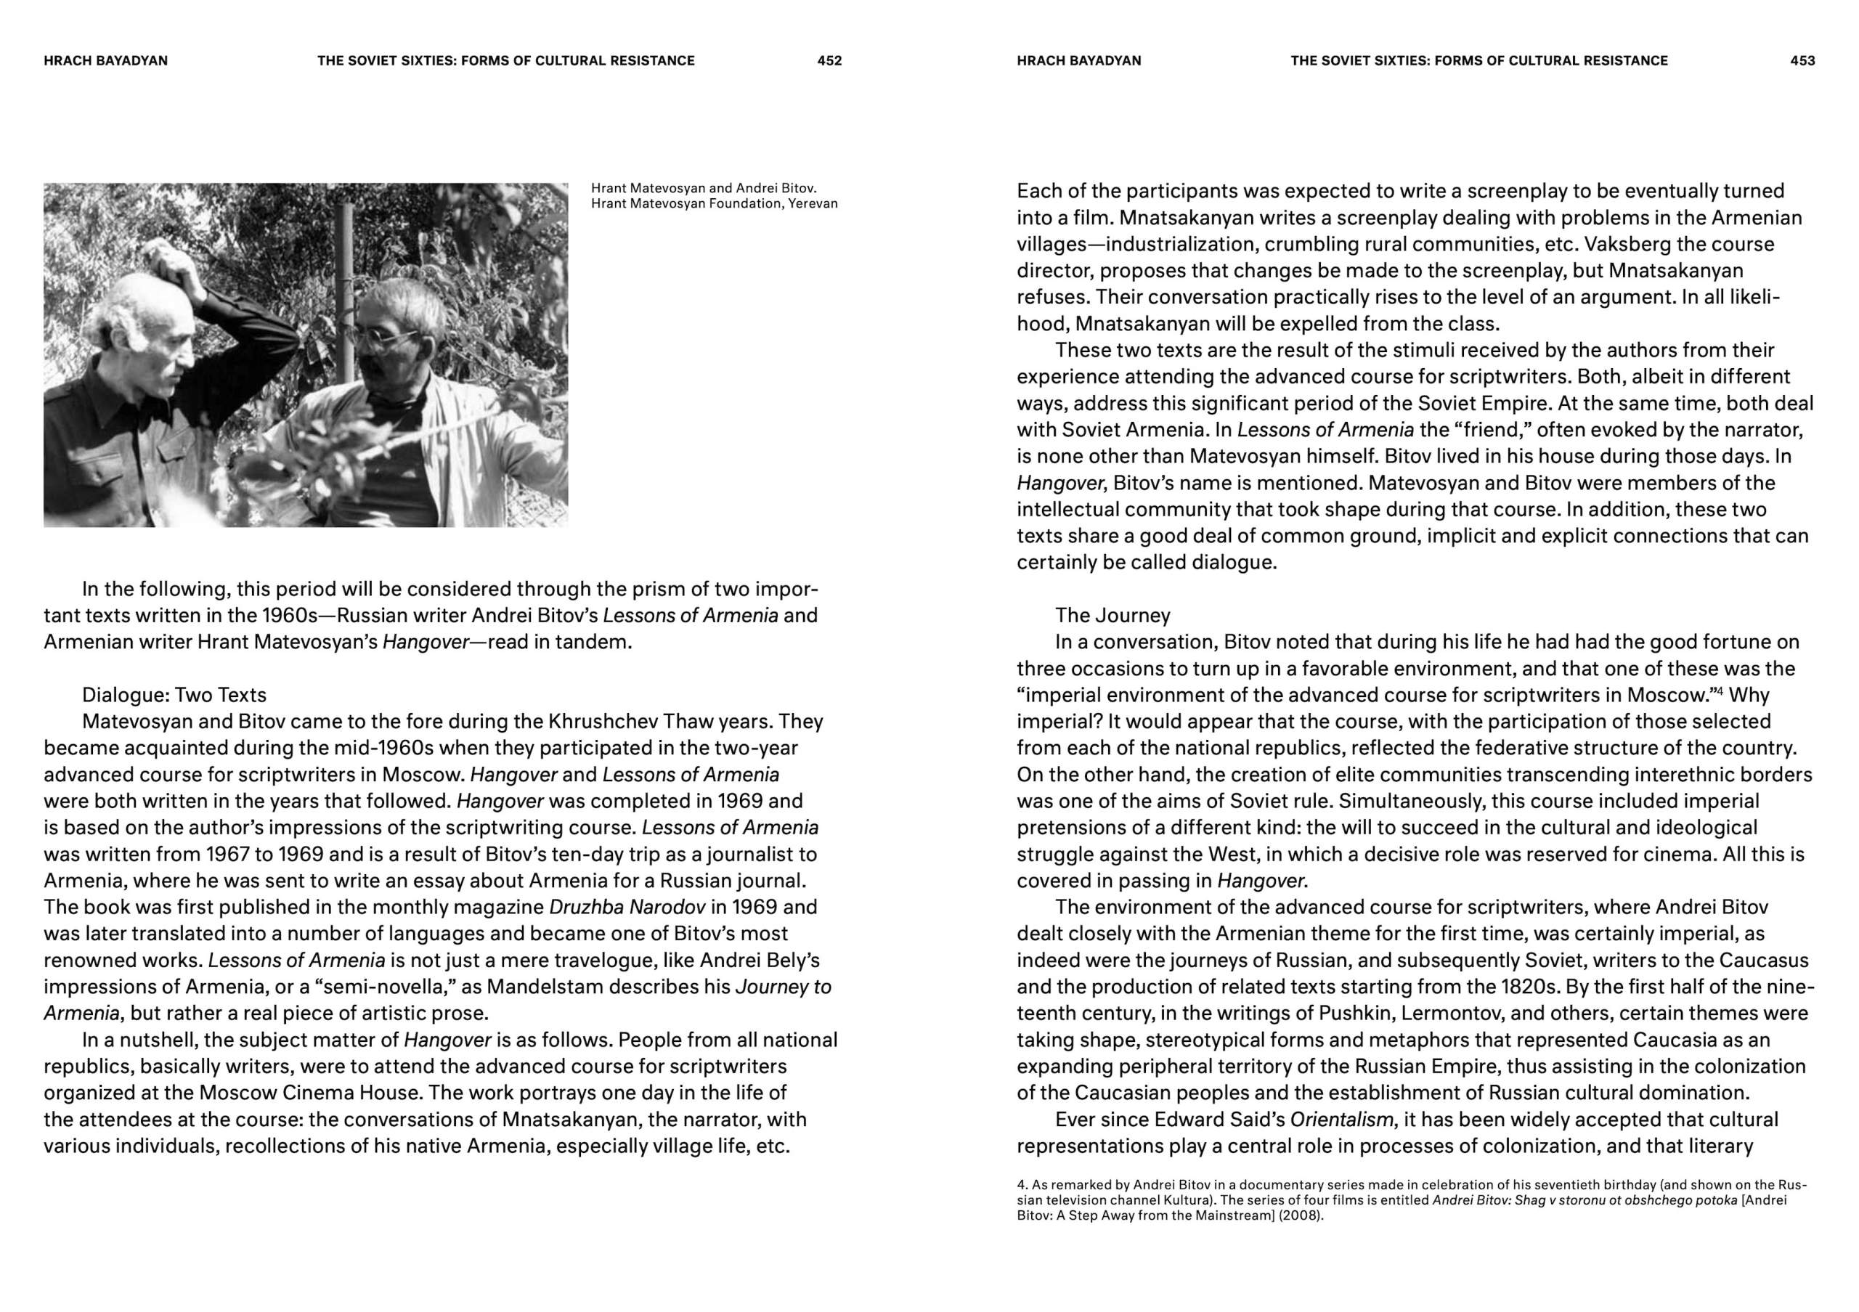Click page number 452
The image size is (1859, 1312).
click(829, 61)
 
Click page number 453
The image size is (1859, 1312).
click(1802, 61)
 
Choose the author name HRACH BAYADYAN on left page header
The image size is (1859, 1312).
click(106, 61)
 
